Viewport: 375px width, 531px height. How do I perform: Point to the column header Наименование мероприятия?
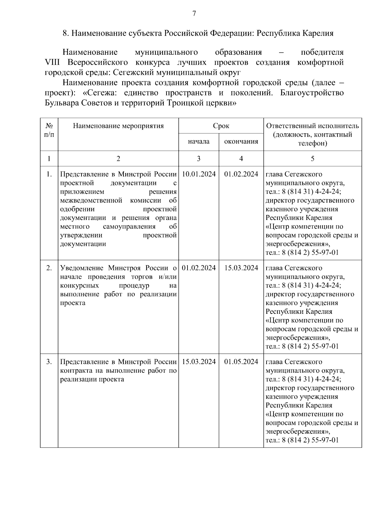pyautogui.click(x=118, y=126)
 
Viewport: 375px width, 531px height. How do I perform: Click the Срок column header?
pyautogui.click(x=221, y=126)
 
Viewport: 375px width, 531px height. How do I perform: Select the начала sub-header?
pyautogui.click(x=199, y=141)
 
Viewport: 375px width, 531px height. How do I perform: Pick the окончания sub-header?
pyautogui.click(x=241, y=141)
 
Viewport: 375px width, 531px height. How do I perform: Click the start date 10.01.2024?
pyautogui.click(x=199, y=174)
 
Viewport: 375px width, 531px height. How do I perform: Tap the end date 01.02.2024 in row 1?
pyautogui.click(x=241, y=174)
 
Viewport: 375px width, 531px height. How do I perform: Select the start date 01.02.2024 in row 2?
pyautogui.click(x=199, y=268)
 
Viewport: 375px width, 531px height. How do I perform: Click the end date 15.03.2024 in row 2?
pyautogui.click(x=241, y=268)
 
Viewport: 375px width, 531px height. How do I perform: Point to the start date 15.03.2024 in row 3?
pyautogui.click(x=199, y=362)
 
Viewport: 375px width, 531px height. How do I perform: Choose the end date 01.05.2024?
pyautogui.click(x=241, y=362)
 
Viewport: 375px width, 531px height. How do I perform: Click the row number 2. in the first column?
pyautogui.click(x=49, y=268)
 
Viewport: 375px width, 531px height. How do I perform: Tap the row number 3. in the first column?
pyautogui.click(x=49, y=362)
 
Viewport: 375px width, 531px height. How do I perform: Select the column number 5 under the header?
pyautogui.click(x=312, y=159)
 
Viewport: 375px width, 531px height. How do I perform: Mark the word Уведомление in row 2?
pyautogui.click(x=82, y=268)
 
